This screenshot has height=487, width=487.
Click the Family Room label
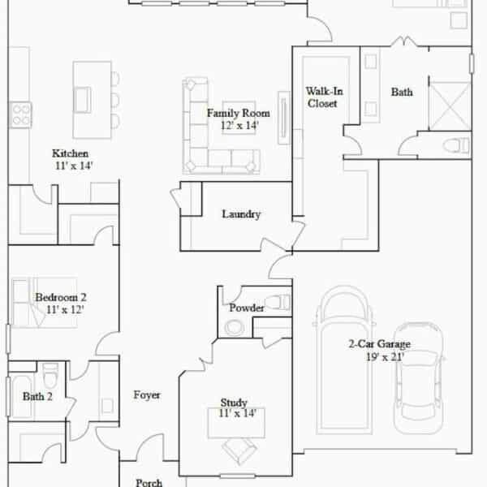[238, 113]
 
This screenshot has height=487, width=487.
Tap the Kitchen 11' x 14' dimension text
[74, 166]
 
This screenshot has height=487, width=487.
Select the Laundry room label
[241, 214]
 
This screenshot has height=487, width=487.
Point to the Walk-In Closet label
[324, 97]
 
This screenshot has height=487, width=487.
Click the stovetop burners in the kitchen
[21, 114]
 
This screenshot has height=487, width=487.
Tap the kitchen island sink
[83, 100]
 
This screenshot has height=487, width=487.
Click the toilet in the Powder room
[278, 302]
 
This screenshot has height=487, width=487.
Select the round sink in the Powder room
[235, 328]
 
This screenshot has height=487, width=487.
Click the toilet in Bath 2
[50, 375]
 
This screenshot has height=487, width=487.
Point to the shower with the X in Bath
[450, 106]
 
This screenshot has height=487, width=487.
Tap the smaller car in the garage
[418, 378]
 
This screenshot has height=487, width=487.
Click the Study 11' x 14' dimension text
[237, 413]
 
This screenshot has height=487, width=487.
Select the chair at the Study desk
[239, 450]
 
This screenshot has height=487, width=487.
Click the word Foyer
[147, 395]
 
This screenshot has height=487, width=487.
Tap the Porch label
[149, 482]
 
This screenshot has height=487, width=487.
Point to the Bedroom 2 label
[61, 297]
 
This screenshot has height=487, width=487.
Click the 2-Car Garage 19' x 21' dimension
[385, 357]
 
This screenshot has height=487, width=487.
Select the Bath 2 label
[37, 396]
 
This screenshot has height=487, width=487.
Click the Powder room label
[247, 308]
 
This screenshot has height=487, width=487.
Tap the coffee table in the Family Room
[239, 118]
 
